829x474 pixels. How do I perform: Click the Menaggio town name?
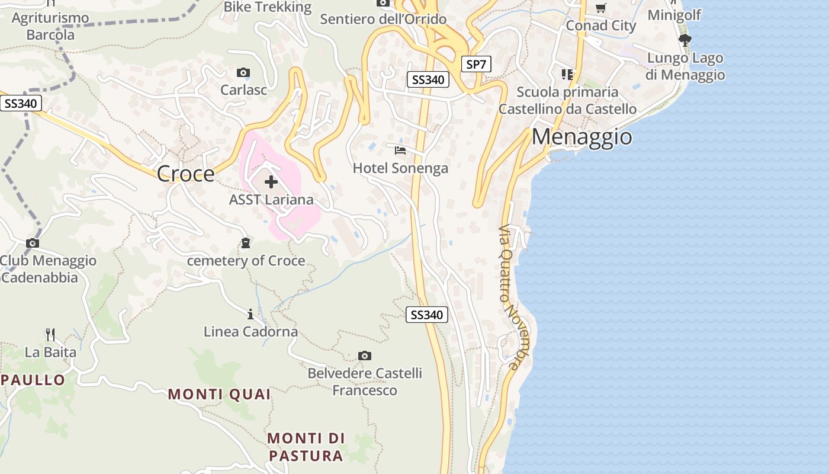tap(581, 137)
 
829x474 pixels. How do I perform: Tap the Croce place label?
tap(185, 174)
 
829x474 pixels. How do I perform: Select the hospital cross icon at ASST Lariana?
tap(271, 182)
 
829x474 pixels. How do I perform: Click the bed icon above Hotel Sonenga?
tap(400, 150)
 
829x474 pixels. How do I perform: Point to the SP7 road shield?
tap(476, 64)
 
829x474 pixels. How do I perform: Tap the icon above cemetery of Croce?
tap(245, 243)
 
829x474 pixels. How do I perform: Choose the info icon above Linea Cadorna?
tap(250, 314)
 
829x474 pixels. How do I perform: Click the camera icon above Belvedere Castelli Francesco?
tap(365, 355)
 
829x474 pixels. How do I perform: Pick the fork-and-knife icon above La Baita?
tap(50, 335)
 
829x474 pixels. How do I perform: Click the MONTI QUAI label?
tap(219, 394)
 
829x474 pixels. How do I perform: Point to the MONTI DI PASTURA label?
tap(306, 447)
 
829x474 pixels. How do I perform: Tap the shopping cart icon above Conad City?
tap(600, 8)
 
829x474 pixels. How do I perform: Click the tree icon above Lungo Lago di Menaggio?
tap(685, 40)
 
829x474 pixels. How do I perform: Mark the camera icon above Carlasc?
tap(243, 73)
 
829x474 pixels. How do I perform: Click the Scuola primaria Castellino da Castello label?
tap(567, 101)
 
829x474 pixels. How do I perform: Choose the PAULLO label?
tap(33, 380)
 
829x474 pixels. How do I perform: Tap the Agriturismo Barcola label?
tap(50, 26)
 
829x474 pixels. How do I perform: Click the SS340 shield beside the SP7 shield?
tap(428, 79)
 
